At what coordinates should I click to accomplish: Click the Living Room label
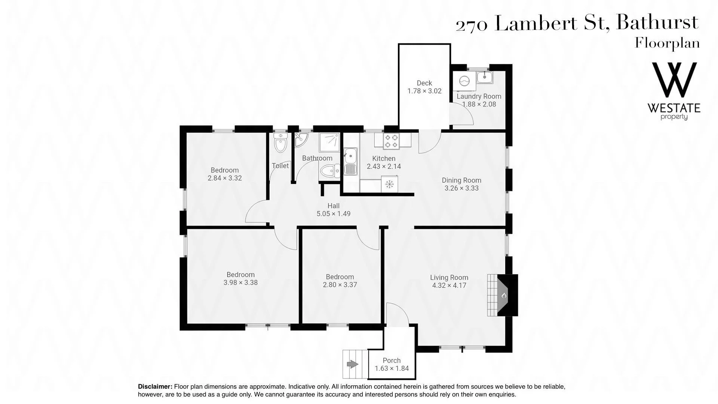449,278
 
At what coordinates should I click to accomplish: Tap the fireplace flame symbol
504,296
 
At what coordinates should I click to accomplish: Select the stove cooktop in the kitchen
391,141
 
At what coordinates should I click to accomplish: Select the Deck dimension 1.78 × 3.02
424,91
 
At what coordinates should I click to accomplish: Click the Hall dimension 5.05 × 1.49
334,214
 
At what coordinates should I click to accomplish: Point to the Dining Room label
461,180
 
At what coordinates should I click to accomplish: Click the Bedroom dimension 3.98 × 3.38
240,282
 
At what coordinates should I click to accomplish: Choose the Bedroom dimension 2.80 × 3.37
340,285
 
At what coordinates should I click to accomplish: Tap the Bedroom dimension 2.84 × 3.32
225,178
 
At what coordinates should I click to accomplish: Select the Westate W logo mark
674,80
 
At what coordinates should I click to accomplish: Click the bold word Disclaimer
155,387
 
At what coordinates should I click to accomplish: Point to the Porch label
392,361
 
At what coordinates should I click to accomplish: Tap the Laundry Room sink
485,78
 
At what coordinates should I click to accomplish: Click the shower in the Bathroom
329,143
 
